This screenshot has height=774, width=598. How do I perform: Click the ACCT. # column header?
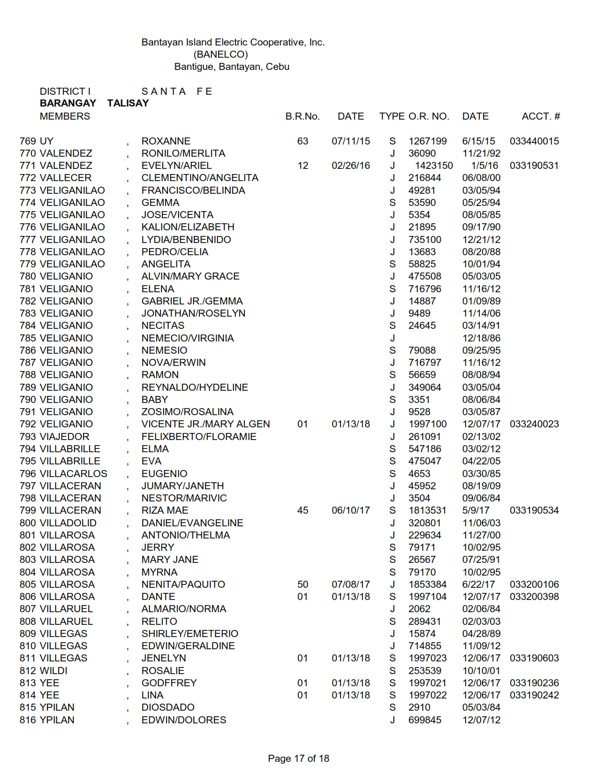click(x=540, y=116)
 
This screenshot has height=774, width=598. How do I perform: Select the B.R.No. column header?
click(x=303, y=116)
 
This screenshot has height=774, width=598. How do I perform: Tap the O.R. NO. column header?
click(x=429, y=116)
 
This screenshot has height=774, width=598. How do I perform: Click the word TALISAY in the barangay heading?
click(x=128, y=103)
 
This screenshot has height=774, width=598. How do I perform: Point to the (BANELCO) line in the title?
click(x=220, y=54)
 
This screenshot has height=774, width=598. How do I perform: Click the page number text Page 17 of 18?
click(x=298, y=758)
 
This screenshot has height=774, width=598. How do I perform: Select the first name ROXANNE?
click(x=166, y=141)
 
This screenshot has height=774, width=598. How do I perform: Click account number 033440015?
click(x=534, y=141)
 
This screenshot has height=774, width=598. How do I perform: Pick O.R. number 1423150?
click(x=434, y=166)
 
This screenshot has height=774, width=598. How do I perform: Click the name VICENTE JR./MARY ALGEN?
click(x=205, y=424)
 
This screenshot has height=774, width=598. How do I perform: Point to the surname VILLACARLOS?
click(x=74, y=473)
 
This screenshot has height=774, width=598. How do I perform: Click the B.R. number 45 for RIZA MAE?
click(x=303, y=510)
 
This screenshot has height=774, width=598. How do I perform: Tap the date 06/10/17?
click(x=350, y=510)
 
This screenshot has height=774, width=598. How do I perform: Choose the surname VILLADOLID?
click(x=68, y=523)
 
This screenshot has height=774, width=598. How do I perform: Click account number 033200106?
click(x=534, y=584)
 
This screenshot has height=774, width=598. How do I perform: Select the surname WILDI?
click(x=53, y=670)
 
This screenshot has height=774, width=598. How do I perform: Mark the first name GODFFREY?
click(x=169, y=683)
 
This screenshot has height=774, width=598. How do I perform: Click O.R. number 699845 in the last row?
click(x=424, y=720)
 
